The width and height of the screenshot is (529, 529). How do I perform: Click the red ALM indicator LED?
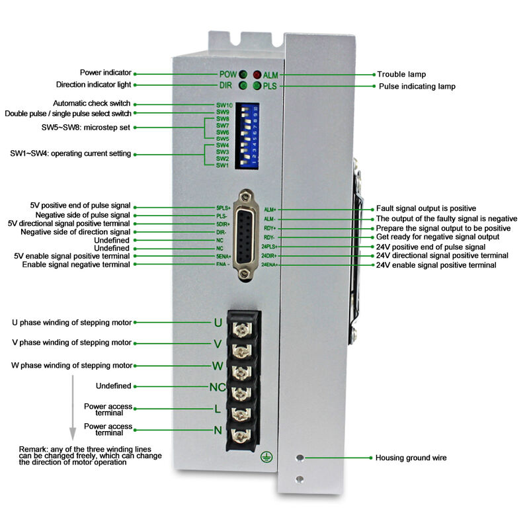pos(257,75)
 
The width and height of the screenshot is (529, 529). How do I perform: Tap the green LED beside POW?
pos(243,75)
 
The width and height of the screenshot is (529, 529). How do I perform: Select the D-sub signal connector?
pos(248,236)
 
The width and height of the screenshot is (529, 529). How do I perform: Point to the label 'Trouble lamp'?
pos(401,75)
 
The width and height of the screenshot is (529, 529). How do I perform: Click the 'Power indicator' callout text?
pos(106,73)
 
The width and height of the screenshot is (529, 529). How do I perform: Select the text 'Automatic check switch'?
pos(92,104)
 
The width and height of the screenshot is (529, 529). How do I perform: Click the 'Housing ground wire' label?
pos(411,458)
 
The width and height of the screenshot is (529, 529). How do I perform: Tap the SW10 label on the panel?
pos(224,105)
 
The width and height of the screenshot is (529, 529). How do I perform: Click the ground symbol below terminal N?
pos(266,456)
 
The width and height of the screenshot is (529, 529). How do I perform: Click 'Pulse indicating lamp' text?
pos(417,87)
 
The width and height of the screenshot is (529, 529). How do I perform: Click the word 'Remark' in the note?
pos(32,450)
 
